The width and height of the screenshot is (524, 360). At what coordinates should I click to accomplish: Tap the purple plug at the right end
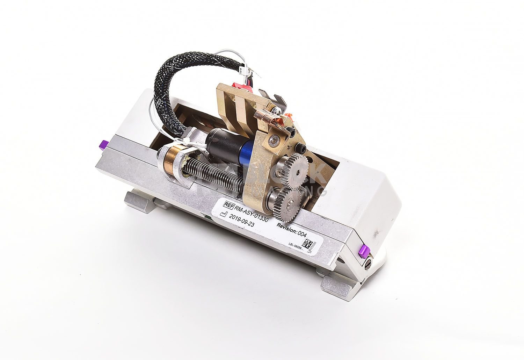362,250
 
